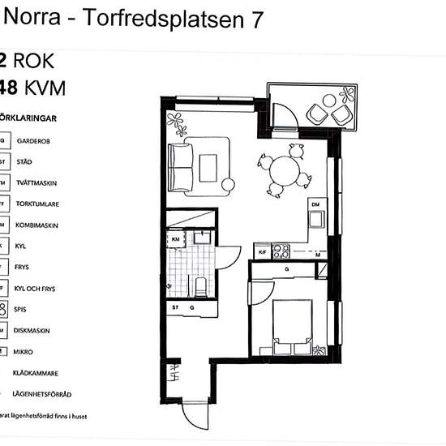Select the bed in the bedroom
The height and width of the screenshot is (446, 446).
[292, 324]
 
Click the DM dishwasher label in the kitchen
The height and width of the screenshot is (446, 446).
[315, 204]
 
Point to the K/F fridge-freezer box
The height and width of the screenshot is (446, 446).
[262, 253]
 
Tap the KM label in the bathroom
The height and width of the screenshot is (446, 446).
[176, 240]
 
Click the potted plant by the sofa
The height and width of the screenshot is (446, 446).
[176, 122]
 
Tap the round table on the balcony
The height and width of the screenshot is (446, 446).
[329, 101]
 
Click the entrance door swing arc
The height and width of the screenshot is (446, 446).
[195, 414]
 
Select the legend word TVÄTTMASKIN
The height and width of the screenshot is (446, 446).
[37, 182]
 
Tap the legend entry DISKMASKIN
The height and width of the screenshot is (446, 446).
[33, 330]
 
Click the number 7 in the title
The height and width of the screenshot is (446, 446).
[256, 21]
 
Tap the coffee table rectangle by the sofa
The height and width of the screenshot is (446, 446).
[208, 167]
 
